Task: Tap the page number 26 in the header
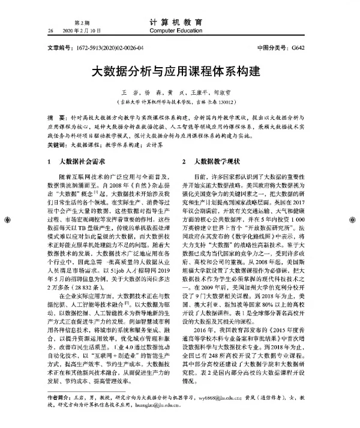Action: pos(50,29)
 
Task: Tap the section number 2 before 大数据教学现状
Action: pos(184,162)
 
